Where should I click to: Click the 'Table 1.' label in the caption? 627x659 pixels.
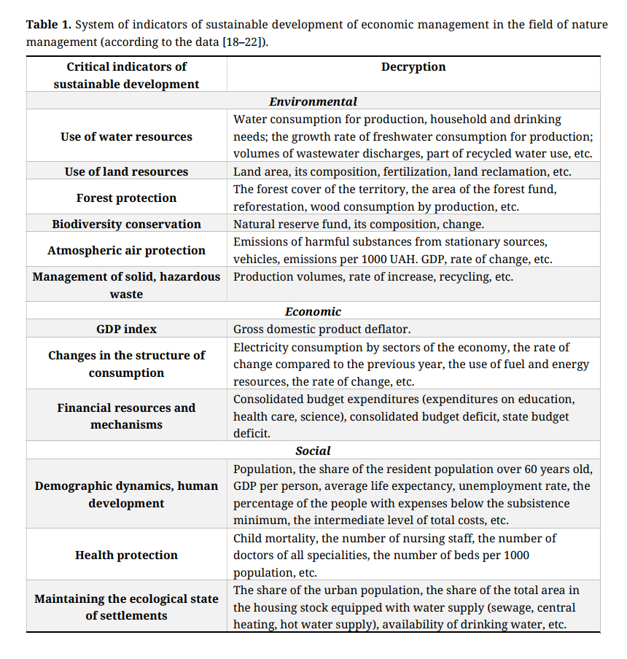pos(49,25)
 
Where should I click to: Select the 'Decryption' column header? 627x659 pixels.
pos(413,67)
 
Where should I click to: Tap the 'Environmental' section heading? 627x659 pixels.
pos(313,102)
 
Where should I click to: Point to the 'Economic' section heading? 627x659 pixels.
pos(313,312)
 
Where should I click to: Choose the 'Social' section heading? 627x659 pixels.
pos(313,451)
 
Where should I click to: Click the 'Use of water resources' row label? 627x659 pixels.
pos(127,137)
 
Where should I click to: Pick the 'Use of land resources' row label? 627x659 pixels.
pos(127,172)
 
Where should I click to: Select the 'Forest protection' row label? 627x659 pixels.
pos(127,198)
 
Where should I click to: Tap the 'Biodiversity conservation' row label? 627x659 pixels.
pos(127,225)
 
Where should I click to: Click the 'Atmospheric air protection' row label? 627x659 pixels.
pos(127,251)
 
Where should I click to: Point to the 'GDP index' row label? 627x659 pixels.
pos(127,329)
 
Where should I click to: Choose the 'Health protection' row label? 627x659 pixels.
pos(127,555)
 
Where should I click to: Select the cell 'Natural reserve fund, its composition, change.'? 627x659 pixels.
pos(359,225)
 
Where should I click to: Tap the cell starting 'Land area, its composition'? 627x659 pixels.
pos(402,172)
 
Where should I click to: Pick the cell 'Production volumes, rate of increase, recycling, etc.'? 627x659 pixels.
pos(373,277)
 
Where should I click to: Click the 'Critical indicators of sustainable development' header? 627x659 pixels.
pos(127,76)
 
